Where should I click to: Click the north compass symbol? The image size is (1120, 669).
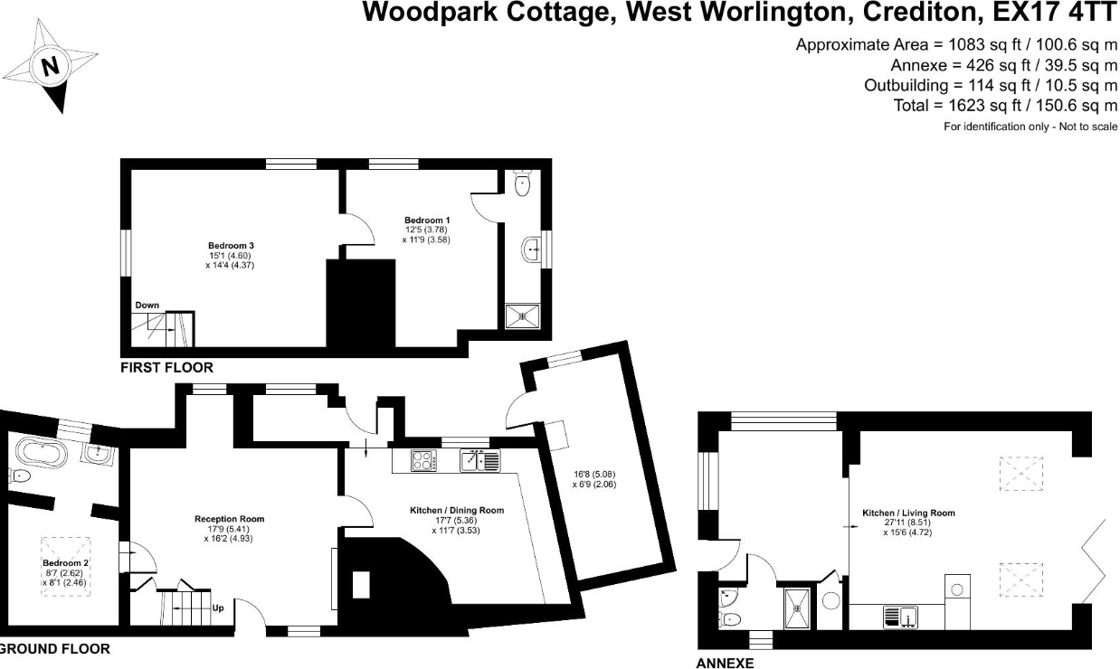tap(51, 66)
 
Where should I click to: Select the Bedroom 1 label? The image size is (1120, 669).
tap(427, 221)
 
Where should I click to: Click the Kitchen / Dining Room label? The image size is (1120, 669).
tap(457, 511)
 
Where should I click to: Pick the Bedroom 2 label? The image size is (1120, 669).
tap(66, 563)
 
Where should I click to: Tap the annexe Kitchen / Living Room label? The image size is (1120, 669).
tap(918, 514)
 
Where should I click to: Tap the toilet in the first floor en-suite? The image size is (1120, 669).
tap(522, 184)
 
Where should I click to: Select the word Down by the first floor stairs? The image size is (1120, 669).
tap(147, 306)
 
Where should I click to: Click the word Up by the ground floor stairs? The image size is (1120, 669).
tap(217, 608)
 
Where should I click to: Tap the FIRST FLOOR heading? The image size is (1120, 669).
tap(166, 368)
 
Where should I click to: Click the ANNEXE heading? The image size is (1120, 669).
tap(725, 663)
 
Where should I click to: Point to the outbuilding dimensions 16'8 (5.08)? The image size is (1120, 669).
tap(593, 474)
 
